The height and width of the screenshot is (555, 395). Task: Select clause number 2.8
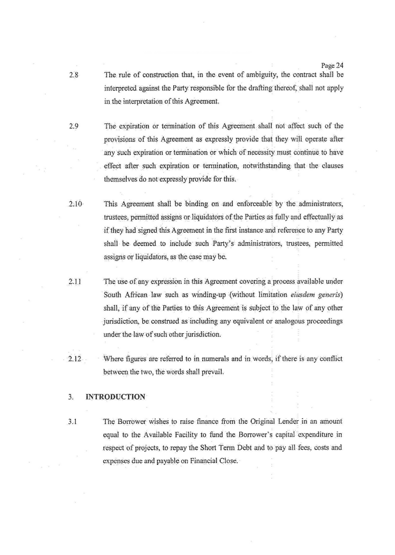pos(74,75)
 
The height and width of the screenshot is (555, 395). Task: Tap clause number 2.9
pos(74,126)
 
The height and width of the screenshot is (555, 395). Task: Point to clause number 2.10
pos(76,203)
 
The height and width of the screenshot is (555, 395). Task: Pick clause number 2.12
pos(76,359)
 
